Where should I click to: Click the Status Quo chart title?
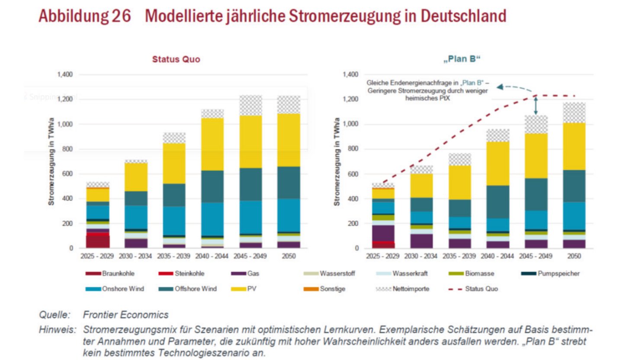176,59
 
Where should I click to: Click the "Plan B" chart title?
462,59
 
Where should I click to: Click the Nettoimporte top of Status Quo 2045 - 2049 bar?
251,106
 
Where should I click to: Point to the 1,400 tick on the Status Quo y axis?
64,75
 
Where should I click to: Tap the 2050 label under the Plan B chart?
574,257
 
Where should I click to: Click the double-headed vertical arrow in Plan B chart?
536,106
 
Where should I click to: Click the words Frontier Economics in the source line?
125,315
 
